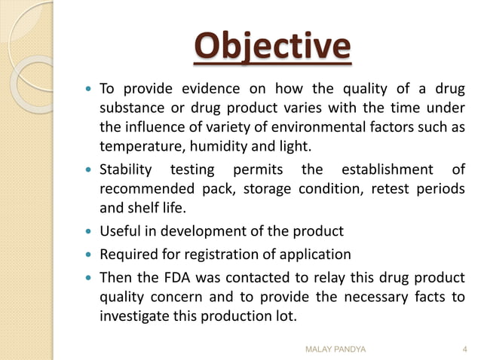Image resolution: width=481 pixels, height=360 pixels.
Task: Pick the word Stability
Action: point(125,169)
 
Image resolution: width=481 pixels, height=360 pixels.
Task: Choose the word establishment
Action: point(387,169)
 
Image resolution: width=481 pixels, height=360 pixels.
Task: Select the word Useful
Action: point(121,230)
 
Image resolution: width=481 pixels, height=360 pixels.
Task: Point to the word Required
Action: point(129,255)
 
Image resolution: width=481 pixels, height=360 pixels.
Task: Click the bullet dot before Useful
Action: point(88,231)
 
